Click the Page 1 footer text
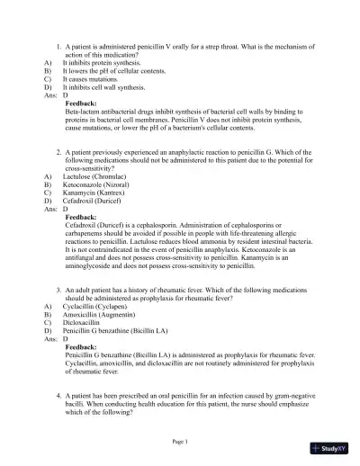[180, 442]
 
